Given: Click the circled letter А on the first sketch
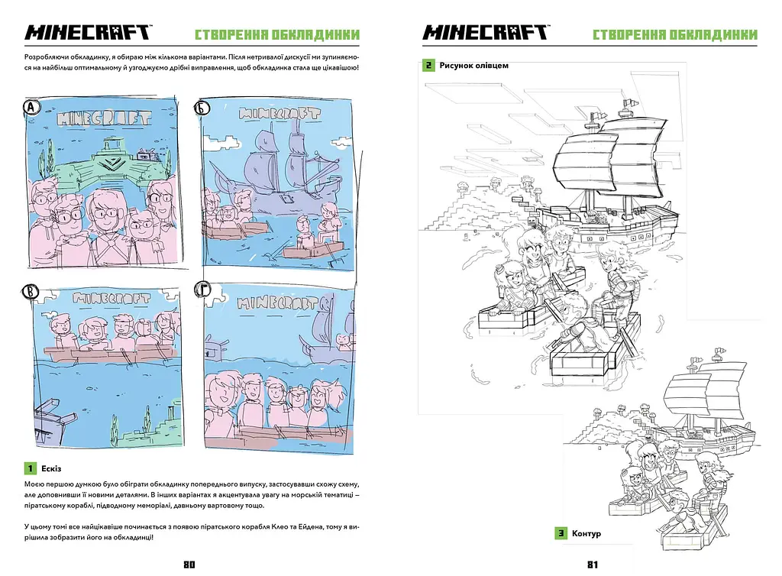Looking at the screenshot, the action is pyautogui.click(x=31, y=107).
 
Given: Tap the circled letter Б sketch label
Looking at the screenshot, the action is pyautogui.click(x=202, y=108).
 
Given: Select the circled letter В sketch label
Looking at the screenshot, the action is pyautogui.click(x=31, y=292).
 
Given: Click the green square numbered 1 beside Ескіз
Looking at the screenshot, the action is pyautogui.click(x=31, y=468).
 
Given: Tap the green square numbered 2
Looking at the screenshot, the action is pyautogui.click(x=428, y=66).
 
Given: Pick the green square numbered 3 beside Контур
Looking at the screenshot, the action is pyautogui.click(x=561, y=533).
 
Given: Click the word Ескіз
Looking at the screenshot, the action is pyautogui.click(x=51, y=469).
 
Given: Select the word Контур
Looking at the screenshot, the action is pyautogui.click(x=586, y=534).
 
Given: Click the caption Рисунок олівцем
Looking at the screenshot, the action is pyautogui.click(x=473, y=66).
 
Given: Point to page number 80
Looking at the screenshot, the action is pyautogui.click(x=189, y=565).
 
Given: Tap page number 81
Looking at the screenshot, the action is pyautogui.click(x=593, y=565).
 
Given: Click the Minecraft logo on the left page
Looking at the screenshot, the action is pyautogui.click(x=89, y=32).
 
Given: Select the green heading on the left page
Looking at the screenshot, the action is pyautogui.click(x=276, y=34).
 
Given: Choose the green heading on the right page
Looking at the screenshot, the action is pyautogui.click(x=675, y=34).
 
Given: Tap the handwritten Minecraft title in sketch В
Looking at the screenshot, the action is pyautogui.click(x=111, y=298).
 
